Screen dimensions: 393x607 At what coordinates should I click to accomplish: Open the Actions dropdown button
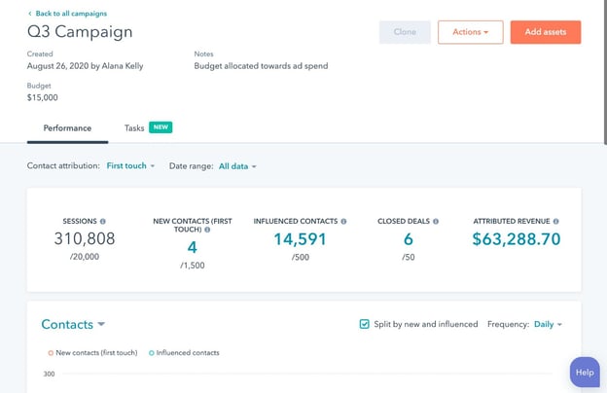[471, 32]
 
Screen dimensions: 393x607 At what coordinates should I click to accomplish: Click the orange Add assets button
[545, 32]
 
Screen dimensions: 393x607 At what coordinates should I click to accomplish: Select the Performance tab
[67, 128]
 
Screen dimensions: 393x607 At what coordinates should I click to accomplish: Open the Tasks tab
[134, 128]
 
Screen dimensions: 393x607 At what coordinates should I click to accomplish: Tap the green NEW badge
[161, 128]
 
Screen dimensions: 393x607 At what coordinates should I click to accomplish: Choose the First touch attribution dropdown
[130, 166]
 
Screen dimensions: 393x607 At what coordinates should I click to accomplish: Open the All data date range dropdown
[237, 166]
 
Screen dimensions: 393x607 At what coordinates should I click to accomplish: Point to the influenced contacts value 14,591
[300, 238]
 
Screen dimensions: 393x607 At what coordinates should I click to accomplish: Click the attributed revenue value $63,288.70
[516, 238]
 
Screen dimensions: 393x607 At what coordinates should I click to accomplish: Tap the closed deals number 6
[409, 238]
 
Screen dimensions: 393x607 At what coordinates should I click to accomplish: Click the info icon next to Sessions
[103, 221]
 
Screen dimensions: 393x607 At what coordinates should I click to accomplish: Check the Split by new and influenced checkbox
[364, 324]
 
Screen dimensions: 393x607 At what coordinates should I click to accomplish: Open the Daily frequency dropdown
[548, 324]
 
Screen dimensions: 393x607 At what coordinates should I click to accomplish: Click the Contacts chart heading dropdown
[73, 324]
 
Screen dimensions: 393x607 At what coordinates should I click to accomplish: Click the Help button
[584, 373]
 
